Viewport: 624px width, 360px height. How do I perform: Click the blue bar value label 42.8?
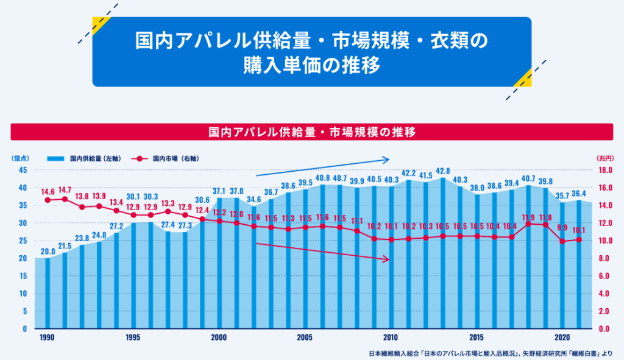pos(443,171)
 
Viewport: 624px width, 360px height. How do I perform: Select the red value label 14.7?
pos(65,189)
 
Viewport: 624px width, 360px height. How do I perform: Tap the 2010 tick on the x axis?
pos(391,337)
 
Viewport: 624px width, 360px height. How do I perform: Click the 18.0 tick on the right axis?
pos(603,170)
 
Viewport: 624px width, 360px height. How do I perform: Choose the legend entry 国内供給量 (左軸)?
pos(93,158)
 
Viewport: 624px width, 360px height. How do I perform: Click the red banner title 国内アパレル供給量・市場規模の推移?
pos(311,132)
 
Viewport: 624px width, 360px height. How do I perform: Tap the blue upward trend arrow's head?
pos(386,160)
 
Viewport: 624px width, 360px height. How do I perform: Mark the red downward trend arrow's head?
pos(386,259)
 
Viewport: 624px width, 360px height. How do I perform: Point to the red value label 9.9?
pos(562,227)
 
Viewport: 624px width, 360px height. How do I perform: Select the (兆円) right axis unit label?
pos(604,158)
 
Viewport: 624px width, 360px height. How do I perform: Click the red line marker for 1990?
pos(48,200)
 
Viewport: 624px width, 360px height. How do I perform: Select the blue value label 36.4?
pos(578,194)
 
